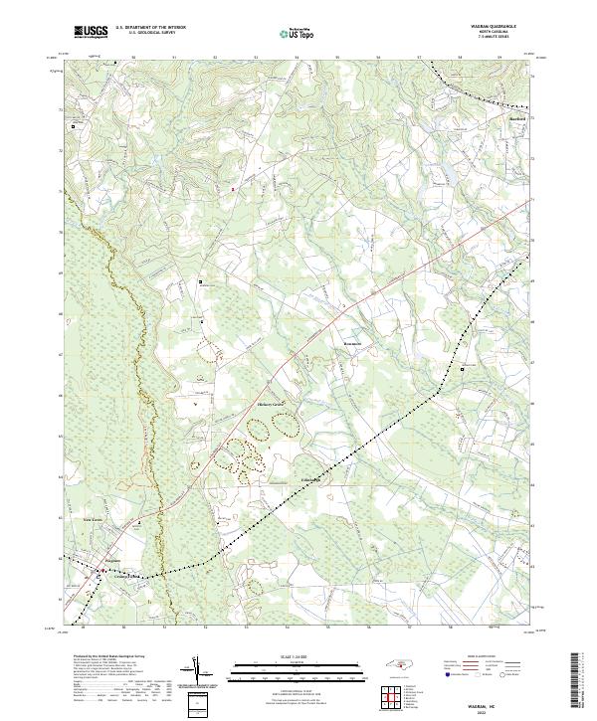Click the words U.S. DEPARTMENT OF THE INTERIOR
pos(152,27)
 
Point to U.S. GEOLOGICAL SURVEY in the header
pos(145,33)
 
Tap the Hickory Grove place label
pos(271,405)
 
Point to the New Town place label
pos(92,519)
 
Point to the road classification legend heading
pos(487,658)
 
